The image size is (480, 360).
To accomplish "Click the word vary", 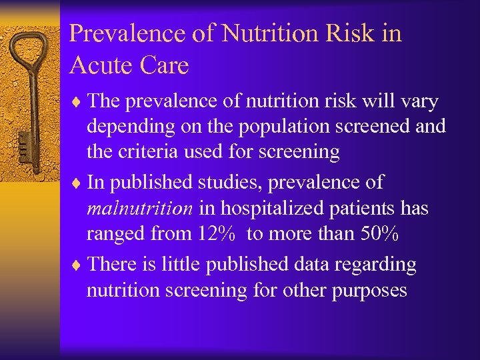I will tap(418, 101).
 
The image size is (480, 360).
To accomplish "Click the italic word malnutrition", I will tap(140, 209).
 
